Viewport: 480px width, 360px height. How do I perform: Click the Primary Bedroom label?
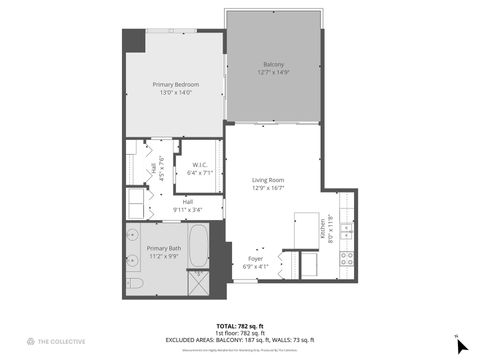tap(175, 85)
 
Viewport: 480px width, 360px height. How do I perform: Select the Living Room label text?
tap(268, 180)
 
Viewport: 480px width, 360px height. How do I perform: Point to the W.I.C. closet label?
tap(199, 165)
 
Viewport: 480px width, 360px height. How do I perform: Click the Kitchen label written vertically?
tap(323, 221)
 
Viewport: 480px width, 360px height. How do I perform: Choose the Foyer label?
tap(257, 258)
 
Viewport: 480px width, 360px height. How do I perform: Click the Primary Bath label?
tap(163, 248)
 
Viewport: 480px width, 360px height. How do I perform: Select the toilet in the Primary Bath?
tap(138, 286)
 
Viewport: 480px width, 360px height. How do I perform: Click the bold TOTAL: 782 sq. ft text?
tap(239, 326)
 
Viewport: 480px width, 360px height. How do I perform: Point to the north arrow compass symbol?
tap(461, 345)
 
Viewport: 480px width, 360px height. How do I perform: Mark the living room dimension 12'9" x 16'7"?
tap(268, 187)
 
